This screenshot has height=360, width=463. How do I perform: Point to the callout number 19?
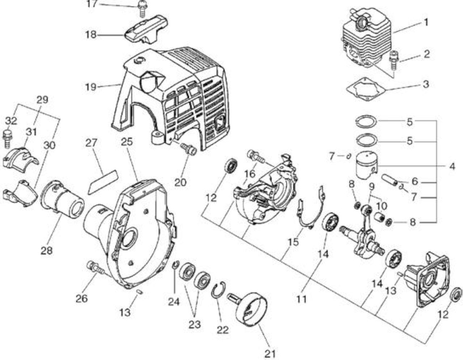point(91,87)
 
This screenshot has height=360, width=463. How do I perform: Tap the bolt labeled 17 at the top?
point(141,9)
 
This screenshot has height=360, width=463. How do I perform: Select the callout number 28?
point(46,250)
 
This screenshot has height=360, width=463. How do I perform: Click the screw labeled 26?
point(95,267)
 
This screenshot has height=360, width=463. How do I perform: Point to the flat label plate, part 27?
point(103,182)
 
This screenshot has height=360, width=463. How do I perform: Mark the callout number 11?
point(301,299)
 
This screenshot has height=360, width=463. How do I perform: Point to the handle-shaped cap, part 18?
point(146,29)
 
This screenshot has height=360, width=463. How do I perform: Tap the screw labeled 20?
point(188,149)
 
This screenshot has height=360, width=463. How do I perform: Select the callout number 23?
point(195,325)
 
